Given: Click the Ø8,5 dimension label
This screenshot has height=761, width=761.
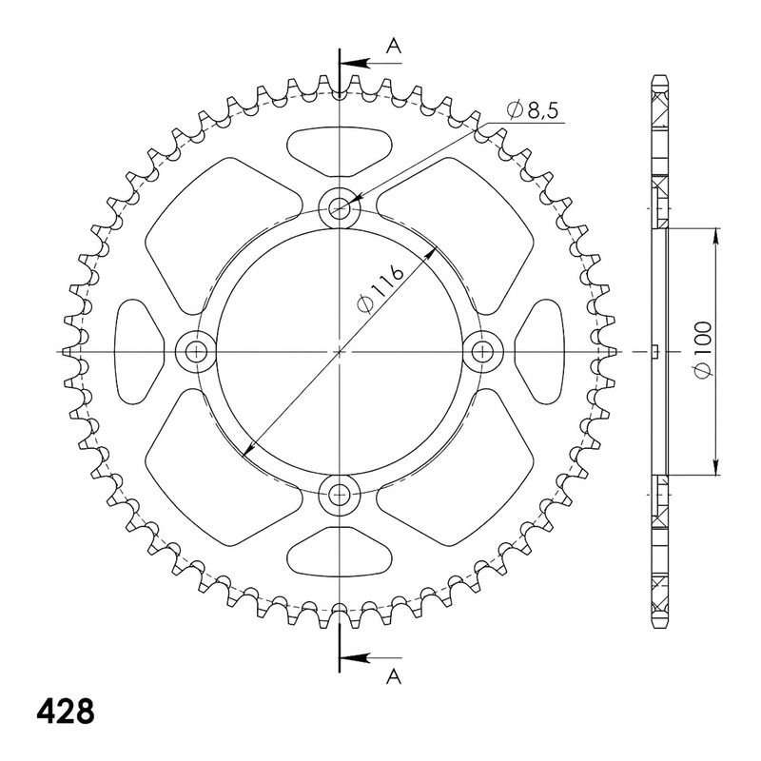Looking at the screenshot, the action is [533, 110].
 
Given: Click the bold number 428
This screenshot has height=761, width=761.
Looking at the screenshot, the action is [66, 712].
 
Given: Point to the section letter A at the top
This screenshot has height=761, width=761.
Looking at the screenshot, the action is [394, 46].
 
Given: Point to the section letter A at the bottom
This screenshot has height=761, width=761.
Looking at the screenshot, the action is [394, 676].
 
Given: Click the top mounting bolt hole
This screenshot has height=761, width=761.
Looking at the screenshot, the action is [340, 208].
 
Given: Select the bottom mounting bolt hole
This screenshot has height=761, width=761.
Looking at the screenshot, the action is [340, 495].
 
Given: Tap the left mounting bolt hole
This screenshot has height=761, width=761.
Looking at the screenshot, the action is [196, 351].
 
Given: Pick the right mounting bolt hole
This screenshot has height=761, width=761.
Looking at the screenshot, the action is [482, 351].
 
